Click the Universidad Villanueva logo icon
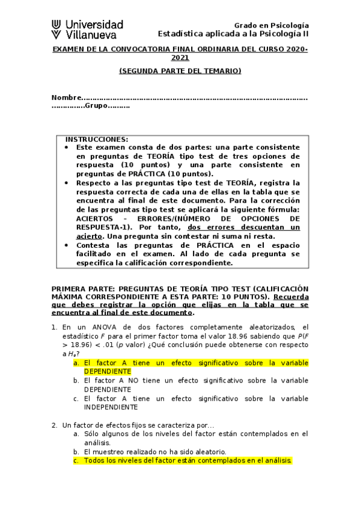[56, 29]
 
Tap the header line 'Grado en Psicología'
[271, 25]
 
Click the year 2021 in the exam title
[180, 58]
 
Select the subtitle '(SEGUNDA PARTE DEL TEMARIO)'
[180, 71]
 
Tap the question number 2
[54, 425]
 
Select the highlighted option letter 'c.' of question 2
[76, 461]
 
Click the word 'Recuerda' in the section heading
[291, 297]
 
